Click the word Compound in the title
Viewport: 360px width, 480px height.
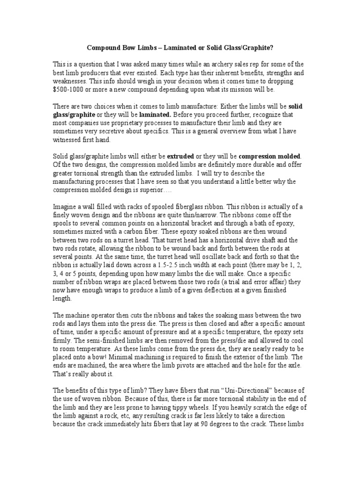point(103,48)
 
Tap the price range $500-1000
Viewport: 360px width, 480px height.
point(70,90)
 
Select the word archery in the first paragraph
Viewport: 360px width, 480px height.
point(221,65)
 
